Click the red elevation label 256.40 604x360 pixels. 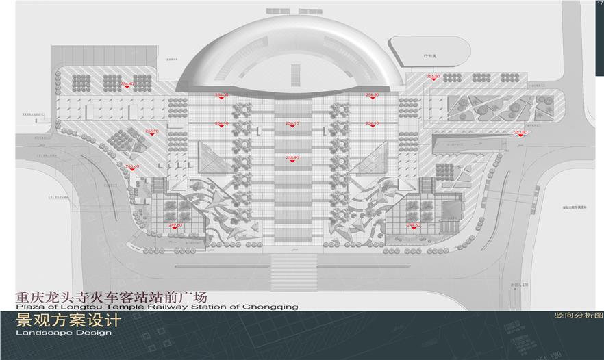point(127,83)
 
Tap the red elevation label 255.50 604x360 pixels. point(433,77)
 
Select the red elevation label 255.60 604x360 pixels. point(132,166)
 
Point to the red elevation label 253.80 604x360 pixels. point(520,132)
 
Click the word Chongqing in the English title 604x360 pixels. point(270,307)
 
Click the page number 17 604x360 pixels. point(599,4)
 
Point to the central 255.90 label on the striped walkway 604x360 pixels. point(292,158)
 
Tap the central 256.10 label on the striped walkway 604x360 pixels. point(292,123)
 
